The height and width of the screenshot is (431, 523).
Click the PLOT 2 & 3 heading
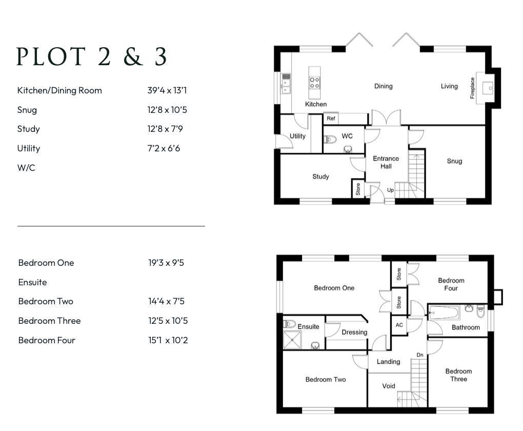tap(92, 57)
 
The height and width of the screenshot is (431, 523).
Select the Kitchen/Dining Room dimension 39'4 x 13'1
tap(167, 90)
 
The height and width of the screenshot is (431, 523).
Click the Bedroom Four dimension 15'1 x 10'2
tap(168, 340)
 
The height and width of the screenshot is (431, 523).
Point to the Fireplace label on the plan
tap(473, 88)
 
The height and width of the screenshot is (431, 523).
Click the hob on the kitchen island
tap(314, 83)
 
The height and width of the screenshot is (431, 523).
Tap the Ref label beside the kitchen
tap(331, 119)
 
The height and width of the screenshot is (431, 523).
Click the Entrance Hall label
tap(386, 162)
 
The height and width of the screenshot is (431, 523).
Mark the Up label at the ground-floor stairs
tap(390, 190)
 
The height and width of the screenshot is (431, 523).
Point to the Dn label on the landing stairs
tap(419, 355)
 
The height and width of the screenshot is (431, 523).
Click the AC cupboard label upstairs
tap(399, 325)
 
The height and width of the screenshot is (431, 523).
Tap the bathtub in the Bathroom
tap(444, 311)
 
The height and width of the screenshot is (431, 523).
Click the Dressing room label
tap(354, 332)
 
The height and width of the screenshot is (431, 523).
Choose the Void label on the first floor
tap(389, 386)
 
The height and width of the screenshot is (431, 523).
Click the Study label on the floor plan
tap(320, 177)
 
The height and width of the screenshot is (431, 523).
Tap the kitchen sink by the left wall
tap(286, 84)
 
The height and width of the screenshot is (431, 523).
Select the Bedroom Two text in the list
tap(46, 301)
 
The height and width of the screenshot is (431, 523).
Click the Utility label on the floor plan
tap(297, 136)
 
